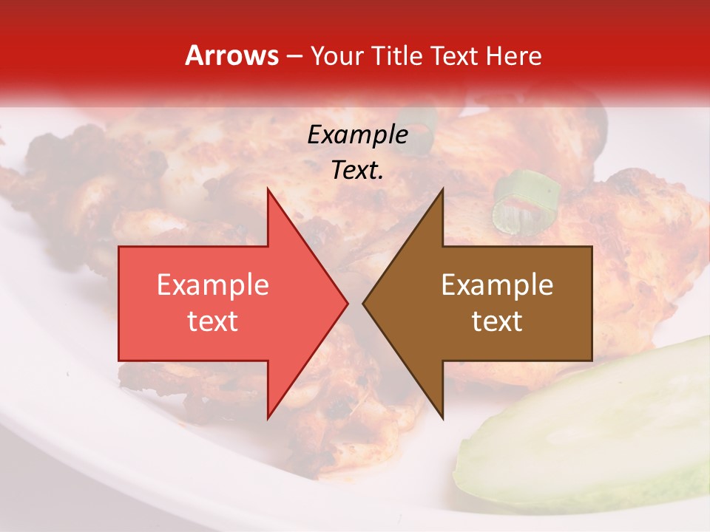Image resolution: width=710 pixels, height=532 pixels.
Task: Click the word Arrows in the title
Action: pos(231,55)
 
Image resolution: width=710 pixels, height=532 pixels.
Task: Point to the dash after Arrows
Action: pos(294,56)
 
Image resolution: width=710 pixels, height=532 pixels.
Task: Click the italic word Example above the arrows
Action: pos(357,134)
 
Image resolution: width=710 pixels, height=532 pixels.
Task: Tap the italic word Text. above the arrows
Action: pos(357,171)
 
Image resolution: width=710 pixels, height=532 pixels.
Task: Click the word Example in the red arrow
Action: pos(212,285)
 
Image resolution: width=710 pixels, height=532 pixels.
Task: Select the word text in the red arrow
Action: pos(212,321)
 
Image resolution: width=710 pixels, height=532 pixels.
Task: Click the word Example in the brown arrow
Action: pos(497,285)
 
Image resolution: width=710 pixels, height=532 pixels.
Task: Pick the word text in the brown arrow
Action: pos(497,321)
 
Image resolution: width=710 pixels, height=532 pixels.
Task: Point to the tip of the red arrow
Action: pos(348,303)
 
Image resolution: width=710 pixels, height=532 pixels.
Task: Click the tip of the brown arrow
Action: pos(363,303)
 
